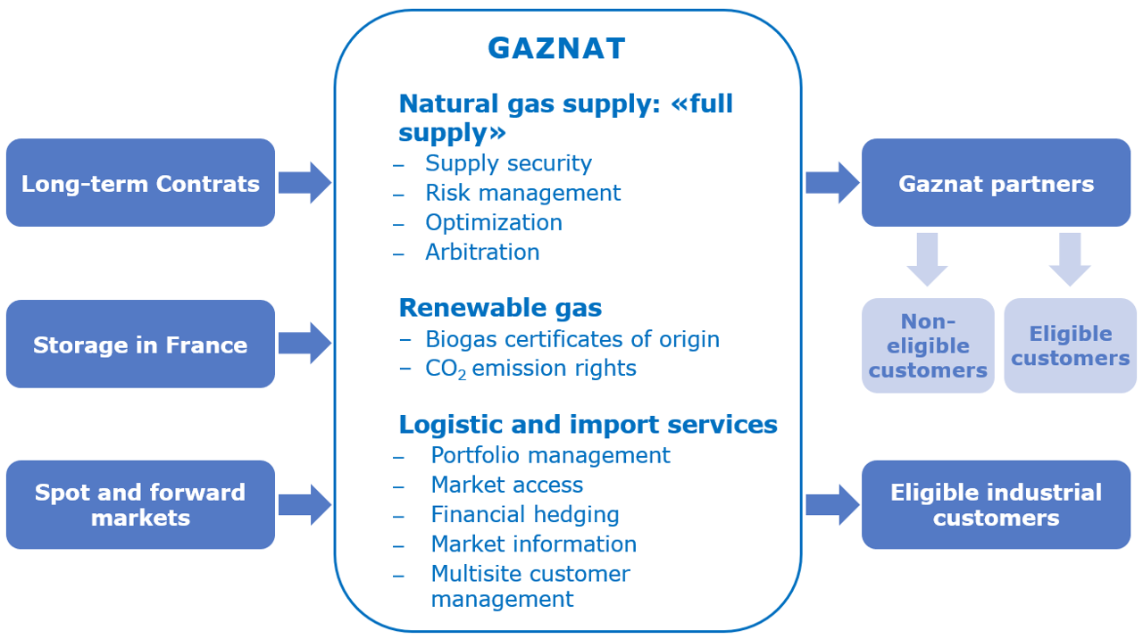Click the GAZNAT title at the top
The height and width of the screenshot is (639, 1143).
click(556, 48)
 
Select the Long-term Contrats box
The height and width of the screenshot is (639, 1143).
click(140, 183)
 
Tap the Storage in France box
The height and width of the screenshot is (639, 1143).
click(140, 344)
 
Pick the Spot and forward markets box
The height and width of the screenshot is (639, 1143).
click(140, 505)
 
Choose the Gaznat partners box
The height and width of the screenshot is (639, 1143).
click(996, 183)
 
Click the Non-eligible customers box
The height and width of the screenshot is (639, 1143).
click(928, 345)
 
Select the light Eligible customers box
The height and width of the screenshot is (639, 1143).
click(1071, 345)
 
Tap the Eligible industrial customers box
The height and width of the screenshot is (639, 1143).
click(996, 505)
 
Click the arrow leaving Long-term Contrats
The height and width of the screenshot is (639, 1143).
click(305, 183)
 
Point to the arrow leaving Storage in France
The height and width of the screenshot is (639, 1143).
click(305, 343)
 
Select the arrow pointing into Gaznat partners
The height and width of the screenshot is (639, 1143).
click(833, 183)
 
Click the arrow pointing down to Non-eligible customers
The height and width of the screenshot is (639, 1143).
click(927, 259)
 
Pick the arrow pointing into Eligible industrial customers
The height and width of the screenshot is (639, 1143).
click(833, 505)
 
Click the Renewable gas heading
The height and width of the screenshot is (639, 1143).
click(500, 308)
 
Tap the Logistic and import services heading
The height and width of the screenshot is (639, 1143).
click(588, 424)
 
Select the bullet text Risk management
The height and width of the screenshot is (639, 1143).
click(523, 193)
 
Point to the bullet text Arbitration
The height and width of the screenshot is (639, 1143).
click(482, 252)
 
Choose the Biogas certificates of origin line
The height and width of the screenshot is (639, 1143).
click(572, 339)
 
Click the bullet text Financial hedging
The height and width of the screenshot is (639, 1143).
click(525, 515)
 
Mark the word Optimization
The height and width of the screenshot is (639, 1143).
click(494, 223)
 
